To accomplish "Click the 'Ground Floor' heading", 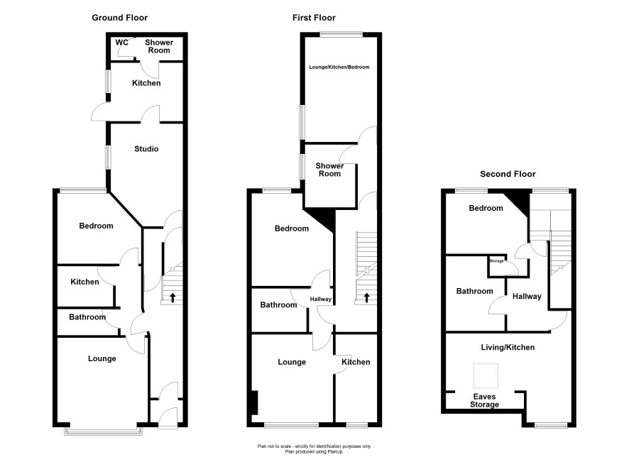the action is coord(119,18).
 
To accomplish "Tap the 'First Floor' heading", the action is coord(314,18).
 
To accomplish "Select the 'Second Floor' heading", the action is coord(508,174).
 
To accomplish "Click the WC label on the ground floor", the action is coord(121,42).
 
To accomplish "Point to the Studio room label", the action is coord(146,149).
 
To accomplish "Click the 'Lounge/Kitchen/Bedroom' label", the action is coord(339,67).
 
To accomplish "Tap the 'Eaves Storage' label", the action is coord(485,400).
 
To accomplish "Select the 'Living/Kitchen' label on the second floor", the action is coord(508,347).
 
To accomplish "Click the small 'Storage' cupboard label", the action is coord(497,261).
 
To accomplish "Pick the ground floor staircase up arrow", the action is coord(173,297).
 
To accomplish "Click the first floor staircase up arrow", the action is coord(366,297).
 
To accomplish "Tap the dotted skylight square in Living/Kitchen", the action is coord(486,375).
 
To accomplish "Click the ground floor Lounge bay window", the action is coord(104,431).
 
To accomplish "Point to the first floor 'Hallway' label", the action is coord(320,299).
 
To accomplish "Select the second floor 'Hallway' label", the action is coord(527,296).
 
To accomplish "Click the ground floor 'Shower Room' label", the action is coord(159,46).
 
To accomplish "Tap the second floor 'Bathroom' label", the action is coord(474,291).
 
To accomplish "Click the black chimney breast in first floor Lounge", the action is coord(254,402).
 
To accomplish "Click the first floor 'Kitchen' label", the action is coord(356,362).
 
